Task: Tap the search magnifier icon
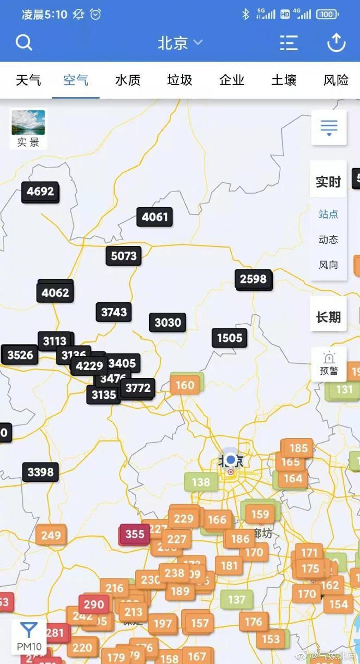(x=24, y=42)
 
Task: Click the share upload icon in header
(x=336, y=42)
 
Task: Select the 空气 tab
(x=76, y=80)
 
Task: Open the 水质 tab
(x=128, y=80)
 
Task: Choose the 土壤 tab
(x=284, y=80)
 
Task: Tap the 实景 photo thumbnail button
(x=28, y=128)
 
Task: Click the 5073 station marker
(x=124, y=256)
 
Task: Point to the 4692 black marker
(x=40, y=192)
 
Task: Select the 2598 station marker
(x=253, y=279)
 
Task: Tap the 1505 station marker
(x=230, y=338)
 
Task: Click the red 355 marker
(x=135, y=534)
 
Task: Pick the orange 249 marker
(x=51, y=535)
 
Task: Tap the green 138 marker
(x=201, y=482)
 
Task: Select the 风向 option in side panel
(x=328, y=265)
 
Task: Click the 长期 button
(x=328, y=317)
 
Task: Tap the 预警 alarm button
(x=329, y=364)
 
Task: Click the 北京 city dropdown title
(x=179, y=43)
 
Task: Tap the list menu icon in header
(x=289, y=43)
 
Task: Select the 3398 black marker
(x=40, y=472)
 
